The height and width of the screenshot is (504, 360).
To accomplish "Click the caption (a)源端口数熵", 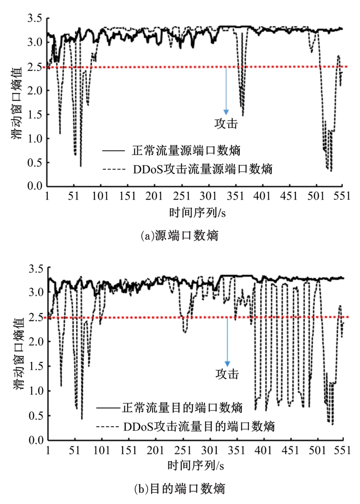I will point(179,236).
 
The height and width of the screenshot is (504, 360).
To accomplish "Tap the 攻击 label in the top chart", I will point(226,123).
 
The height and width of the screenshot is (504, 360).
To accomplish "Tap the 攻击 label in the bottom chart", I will point(227,374).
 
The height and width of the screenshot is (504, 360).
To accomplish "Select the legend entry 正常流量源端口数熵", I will point(186,150).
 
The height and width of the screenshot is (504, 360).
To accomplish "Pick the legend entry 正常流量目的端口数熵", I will point(182,407).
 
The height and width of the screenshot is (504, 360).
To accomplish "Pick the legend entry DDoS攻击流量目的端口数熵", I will point(199,426).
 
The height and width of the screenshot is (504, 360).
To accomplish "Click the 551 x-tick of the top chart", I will point(342,196).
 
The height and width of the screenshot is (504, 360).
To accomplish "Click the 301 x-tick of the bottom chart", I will point(210,450).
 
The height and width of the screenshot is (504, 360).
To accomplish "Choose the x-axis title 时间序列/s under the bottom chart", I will point(195,465).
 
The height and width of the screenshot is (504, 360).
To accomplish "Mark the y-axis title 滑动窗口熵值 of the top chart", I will point(17,102).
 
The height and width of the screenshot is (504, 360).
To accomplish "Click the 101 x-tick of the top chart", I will point(101,196).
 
